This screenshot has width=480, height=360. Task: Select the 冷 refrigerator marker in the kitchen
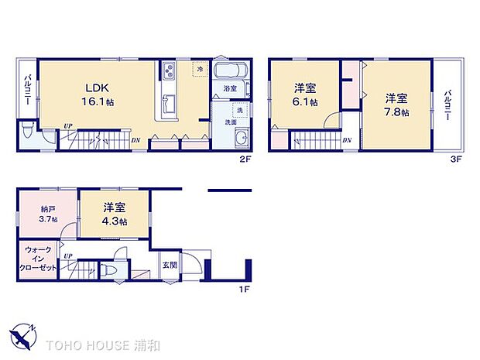(x=199, y=70)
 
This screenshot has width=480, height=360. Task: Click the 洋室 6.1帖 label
(x=303, y=95)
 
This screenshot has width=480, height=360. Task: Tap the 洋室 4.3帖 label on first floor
(x=115, y=214)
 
